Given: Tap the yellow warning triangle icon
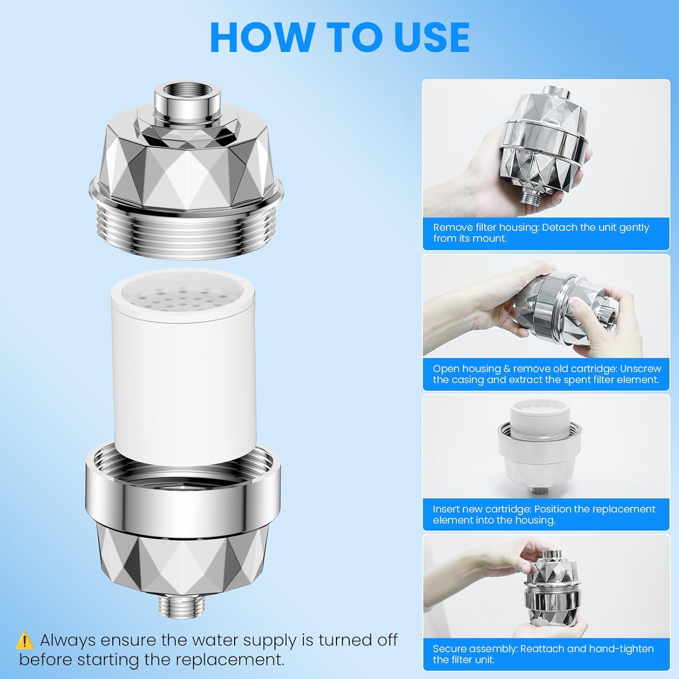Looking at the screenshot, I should point(24,641).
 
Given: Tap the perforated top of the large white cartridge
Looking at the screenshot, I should point(181,296).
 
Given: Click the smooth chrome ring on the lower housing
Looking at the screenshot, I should point(183,498).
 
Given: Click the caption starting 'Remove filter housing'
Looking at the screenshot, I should point(541,233).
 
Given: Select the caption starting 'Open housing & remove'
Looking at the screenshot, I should point(546,374).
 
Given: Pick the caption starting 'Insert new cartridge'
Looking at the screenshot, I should point(543,514).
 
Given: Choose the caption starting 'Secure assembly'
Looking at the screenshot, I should point(543,654).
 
